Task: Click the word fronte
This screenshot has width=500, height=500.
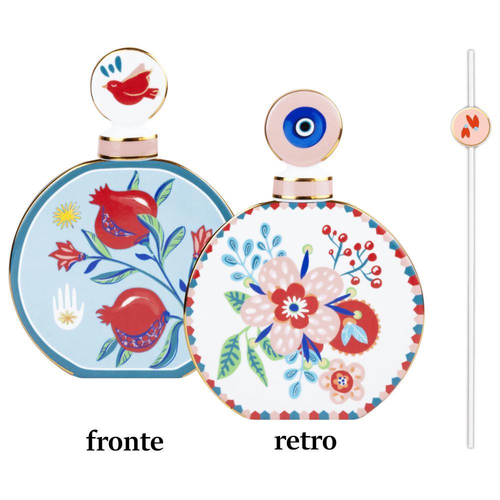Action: (x=124, y=440)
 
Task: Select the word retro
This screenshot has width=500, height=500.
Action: (x=305, y=440)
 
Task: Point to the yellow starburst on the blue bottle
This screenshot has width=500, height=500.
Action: (x=66, y=215)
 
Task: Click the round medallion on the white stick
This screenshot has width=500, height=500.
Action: (x=470, y=126)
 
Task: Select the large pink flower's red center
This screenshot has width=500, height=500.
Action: (x=294, y=306)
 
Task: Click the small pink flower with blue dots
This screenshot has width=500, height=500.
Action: (x=342, y=380)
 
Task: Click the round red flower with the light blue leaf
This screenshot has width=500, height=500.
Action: (x=354, y=328)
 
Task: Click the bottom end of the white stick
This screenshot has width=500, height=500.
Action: (x=470, y=447)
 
